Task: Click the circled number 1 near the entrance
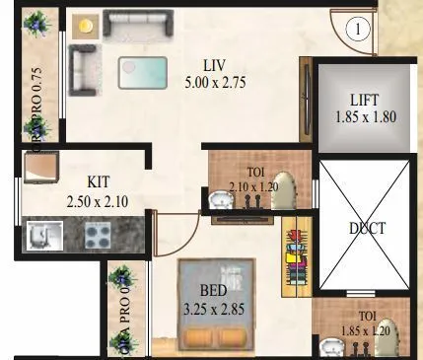pyautogui.click(x=360, y=30)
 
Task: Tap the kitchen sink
pyautogui.click(x=41, y=234)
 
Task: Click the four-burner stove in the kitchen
pyautogui.click(x=98, y=235)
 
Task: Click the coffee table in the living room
pyautogui.click(x=144, y=72)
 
